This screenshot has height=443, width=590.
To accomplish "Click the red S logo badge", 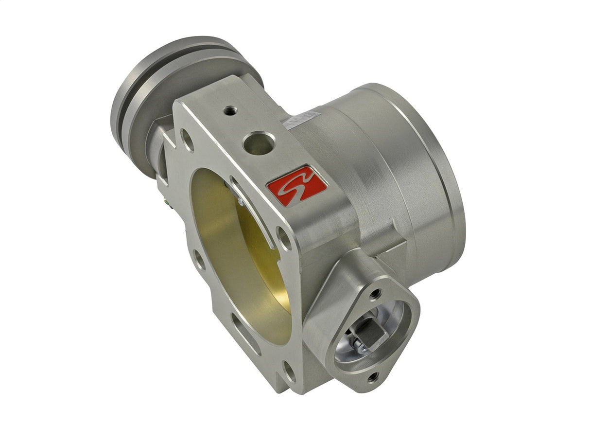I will pos(297,185).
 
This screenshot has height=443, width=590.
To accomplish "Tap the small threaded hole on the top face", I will pos(230,111).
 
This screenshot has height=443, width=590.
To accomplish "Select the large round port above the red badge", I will pos(258,143).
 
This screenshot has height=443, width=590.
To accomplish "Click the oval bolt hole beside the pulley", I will pos(187,140).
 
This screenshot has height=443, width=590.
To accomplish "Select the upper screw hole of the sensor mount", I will pos(375,294).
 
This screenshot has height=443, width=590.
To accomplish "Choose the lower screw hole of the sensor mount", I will pos(373,376).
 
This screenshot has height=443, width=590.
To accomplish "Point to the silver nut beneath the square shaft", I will pos(359,346).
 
